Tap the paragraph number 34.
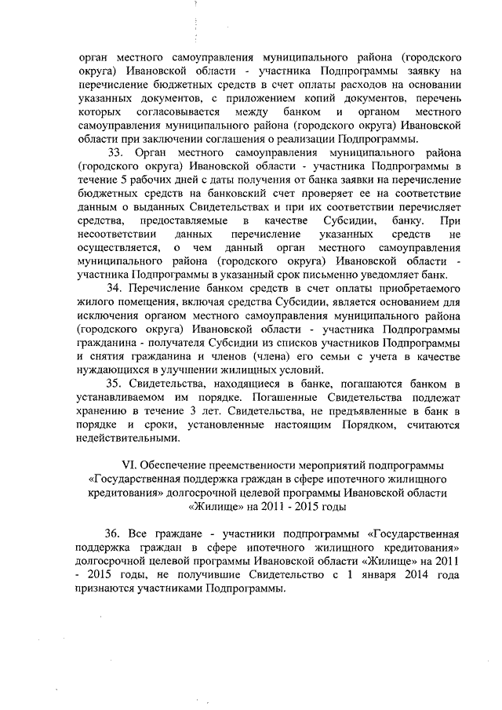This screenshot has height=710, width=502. (116, 289)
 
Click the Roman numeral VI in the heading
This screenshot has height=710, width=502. (132, 465)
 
